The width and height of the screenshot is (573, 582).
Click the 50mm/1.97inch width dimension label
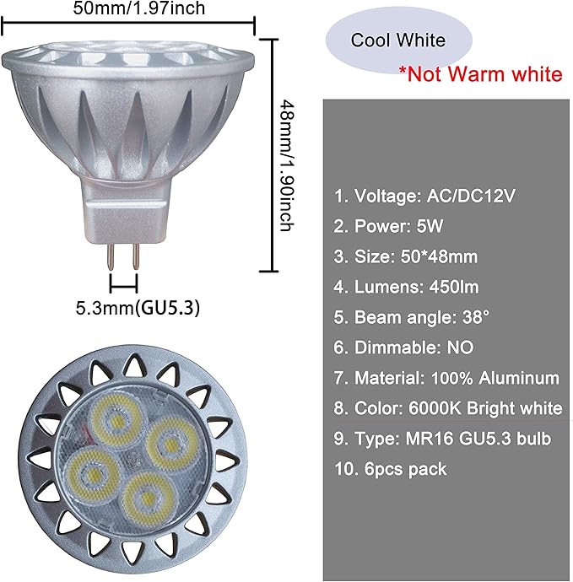(139, 8)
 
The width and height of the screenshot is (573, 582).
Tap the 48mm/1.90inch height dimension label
(287, 165)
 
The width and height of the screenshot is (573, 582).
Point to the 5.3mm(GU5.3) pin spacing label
(138, 308)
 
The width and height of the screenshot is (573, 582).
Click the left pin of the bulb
(111, 256)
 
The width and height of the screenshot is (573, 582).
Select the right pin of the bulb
(136, 256)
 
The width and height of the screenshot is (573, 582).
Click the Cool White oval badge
(399, 40)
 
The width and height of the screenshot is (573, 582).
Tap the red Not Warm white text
(481, 74)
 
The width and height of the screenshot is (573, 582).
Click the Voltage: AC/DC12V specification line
(424, 196)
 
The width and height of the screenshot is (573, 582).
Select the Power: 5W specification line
(388, 226)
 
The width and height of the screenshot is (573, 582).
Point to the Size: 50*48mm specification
(406, 256)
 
